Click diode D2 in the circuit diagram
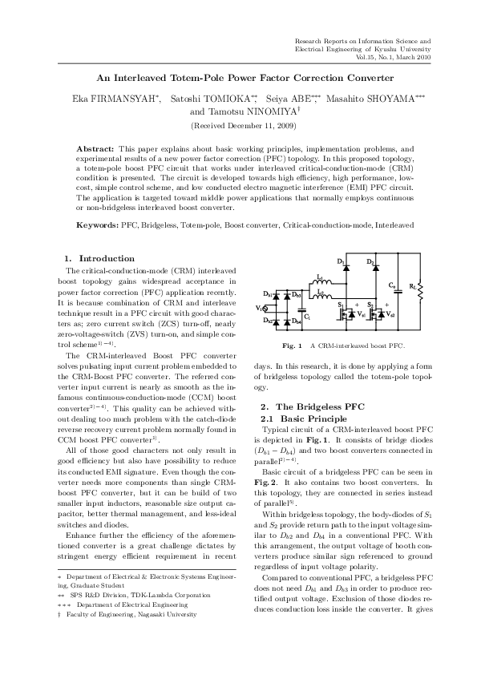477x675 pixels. [373, 270]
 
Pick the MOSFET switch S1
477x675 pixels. [346, 313]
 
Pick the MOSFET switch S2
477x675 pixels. [375, 313]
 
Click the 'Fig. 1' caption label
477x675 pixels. [293, 346]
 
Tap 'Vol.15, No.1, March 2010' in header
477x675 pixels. [394, 58]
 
